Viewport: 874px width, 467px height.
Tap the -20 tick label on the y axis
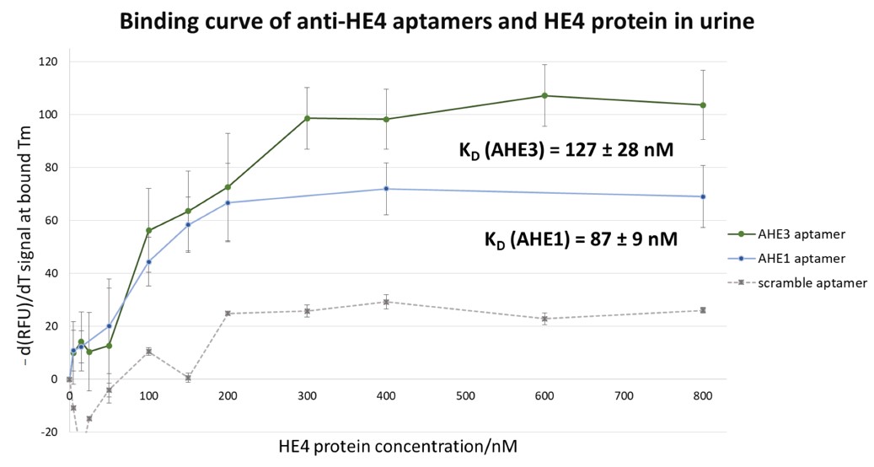tap(49, 432)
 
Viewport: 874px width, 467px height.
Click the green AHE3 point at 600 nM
tap(544, 95)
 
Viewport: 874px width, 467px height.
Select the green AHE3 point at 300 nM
tap(307, 118)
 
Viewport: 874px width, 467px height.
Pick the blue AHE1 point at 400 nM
tap(386, 189)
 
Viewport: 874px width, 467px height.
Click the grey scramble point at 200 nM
tap(228, 314)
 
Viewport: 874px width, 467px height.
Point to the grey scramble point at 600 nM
tap(544, 319)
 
